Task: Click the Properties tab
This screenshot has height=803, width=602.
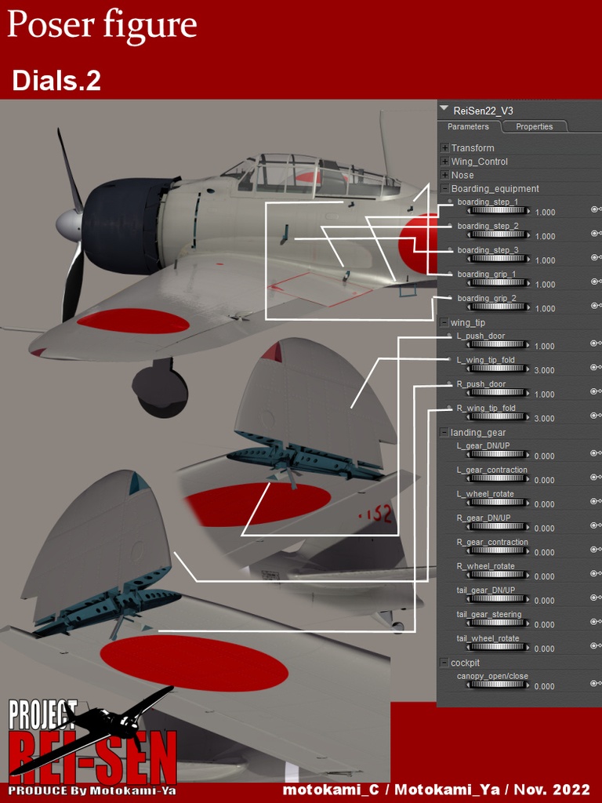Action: click(534, 127)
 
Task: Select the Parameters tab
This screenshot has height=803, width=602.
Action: click(468, 127)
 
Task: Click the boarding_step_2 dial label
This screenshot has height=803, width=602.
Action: click(488, 226)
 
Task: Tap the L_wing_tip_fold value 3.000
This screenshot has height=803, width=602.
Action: click(545, 370)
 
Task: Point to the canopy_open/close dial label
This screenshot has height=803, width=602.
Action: click(492, 676)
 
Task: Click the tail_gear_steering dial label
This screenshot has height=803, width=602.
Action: click(488, 614)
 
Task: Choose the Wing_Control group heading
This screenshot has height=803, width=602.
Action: click(479, 162)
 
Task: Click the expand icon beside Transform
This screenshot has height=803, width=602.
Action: click(444, 148)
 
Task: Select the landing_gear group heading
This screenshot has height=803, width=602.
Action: click(477, 432)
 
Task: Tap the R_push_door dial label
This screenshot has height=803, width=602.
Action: click(481, 384)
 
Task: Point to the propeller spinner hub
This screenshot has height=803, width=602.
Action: click(69, 225)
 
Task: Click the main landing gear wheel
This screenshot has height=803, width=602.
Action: click(161, 390)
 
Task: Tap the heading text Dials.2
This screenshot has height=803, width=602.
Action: click(56, 81)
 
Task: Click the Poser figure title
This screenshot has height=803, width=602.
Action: click(102, 25)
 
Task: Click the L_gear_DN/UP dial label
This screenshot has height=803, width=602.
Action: click(483, 446)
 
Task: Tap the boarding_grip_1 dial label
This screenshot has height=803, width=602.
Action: click(486, 274)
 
